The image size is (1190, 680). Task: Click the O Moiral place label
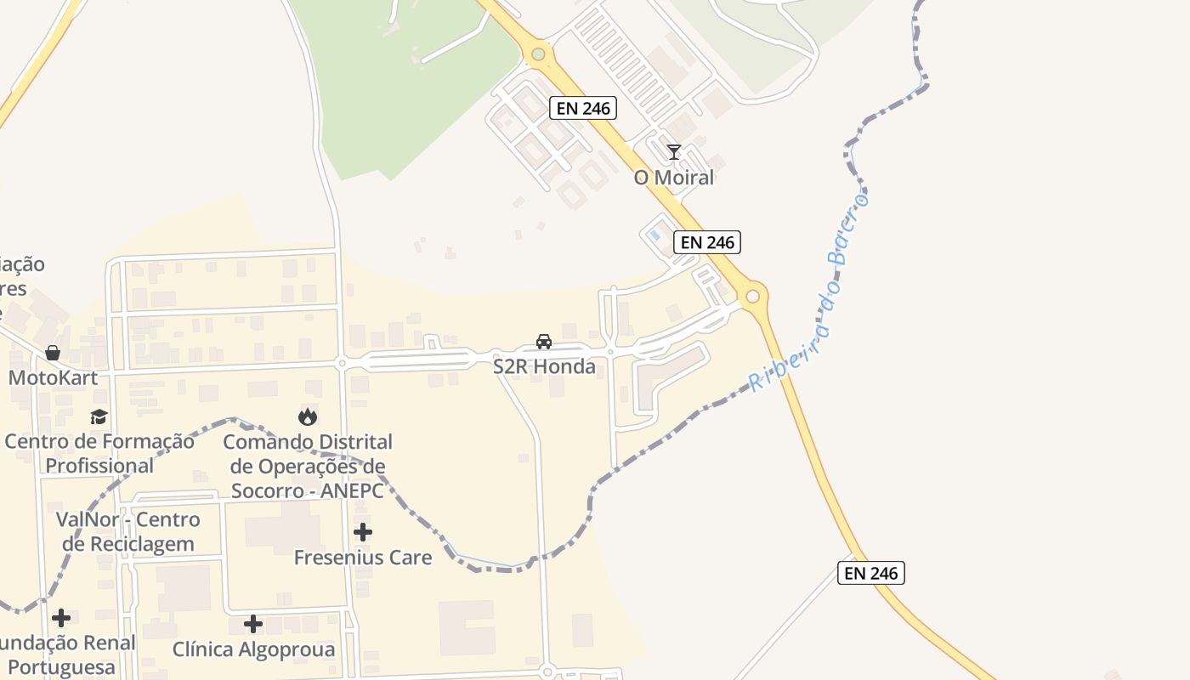(673, 178)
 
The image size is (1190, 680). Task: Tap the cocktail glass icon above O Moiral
(674, 152)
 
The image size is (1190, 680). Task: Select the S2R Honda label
(544, 367)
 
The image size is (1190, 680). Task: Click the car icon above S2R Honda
(544, 342)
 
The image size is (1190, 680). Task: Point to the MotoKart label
(53, 377)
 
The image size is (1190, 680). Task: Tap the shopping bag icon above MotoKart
(53, 352)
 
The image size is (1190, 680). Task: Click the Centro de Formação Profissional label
(99, 454)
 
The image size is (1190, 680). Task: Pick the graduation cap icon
(99, 416)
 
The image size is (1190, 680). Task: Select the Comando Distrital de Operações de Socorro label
(308, 466)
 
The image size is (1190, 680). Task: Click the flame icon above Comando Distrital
(307, 416)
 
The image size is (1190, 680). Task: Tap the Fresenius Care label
(363, 558)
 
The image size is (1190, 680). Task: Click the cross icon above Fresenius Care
(363, 532)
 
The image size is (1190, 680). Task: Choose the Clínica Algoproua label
(253, 649)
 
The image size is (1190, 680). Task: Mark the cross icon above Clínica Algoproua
(253, 624)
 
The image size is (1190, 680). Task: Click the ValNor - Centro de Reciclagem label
(127, 531)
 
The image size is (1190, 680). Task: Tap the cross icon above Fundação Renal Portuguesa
(61, 618)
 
